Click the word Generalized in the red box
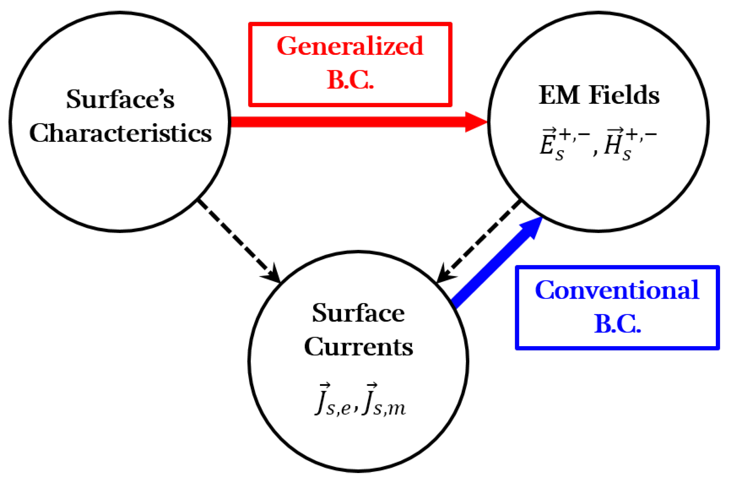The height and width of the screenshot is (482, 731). (350, 46)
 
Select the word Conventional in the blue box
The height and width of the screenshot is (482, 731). (617, 290)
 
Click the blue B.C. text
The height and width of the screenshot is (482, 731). (617, 324)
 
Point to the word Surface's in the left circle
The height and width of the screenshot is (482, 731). (120, 99)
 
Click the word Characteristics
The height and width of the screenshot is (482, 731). (120, 133)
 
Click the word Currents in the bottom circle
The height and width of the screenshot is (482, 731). (358, 347)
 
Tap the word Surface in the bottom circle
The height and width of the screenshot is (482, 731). (358, 313)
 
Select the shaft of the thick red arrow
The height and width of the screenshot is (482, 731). (345, 122)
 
